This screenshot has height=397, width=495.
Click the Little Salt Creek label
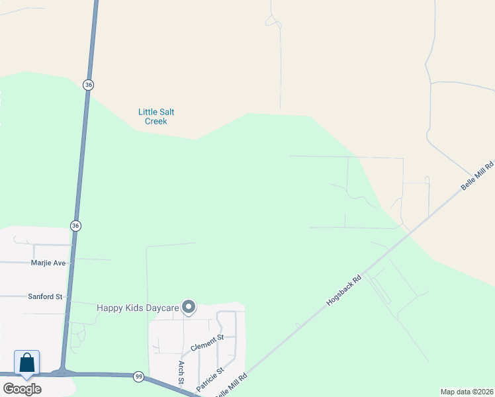pos(156,116)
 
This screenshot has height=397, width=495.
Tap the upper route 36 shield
pos(88,85)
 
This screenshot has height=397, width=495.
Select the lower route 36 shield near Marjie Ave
pos(76,226)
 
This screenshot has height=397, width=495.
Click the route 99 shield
pos(138,376)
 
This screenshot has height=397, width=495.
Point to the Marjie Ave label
pos(48,263)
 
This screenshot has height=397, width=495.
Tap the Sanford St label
pos(45,297)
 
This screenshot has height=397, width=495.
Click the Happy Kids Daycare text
pos(138,308)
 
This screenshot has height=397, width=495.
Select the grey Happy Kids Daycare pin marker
pos(189,307)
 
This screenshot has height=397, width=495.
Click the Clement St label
pos(208,342)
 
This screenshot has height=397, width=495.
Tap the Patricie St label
pos(211,375)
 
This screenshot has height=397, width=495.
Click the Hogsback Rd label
pos(344,290)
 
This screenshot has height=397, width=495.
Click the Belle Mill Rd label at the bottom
pos(230,384)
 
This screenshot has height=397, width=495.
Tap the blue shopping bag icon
pos(27,363)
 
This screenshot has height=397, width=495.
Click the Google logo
pos(22,388)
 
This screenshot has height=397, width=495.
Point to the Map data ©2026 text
pos(467,392)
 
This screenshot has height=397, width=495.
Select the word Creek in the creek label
pos(156,121)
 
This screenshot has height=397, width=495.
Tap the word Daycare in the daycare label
pos(161,308)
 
